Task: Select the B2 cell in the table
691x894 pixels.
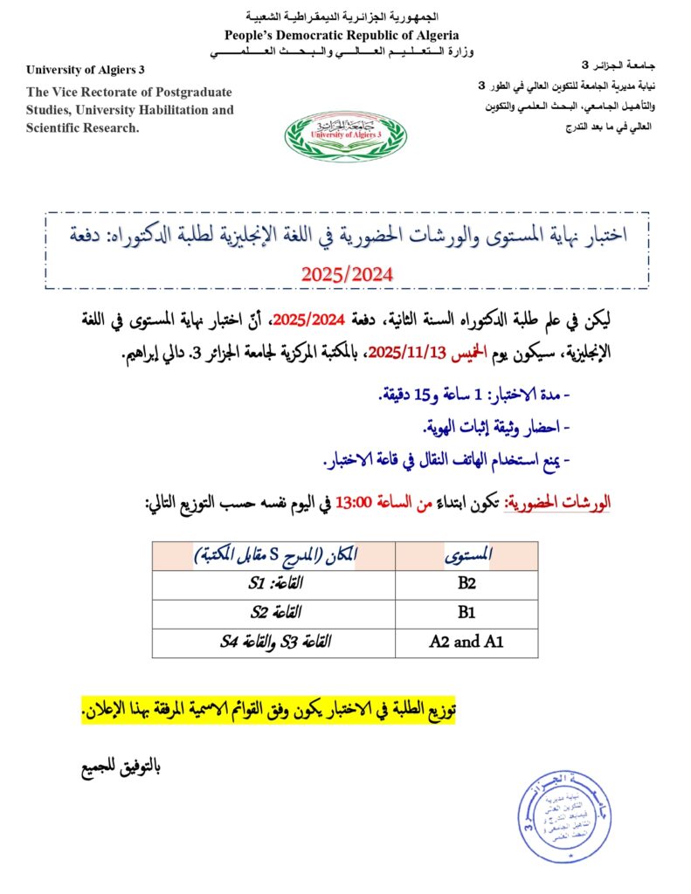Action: (x=466, y=584)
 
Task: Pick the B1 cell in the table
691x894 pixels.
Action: (x=466, y=613)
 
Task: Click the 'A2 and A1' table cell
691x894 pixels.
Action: (x=466, y=642)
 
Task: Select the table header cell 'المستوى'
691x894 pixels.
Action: (x=467, y=555)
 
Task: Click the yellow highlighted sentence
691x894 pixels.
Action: (x=269, y=711)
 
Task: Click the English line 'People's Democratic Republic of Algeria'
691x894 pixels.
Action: (x=342, y=35)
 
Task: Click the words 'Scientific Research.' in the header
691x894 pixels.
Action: (x=83, y=127)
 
